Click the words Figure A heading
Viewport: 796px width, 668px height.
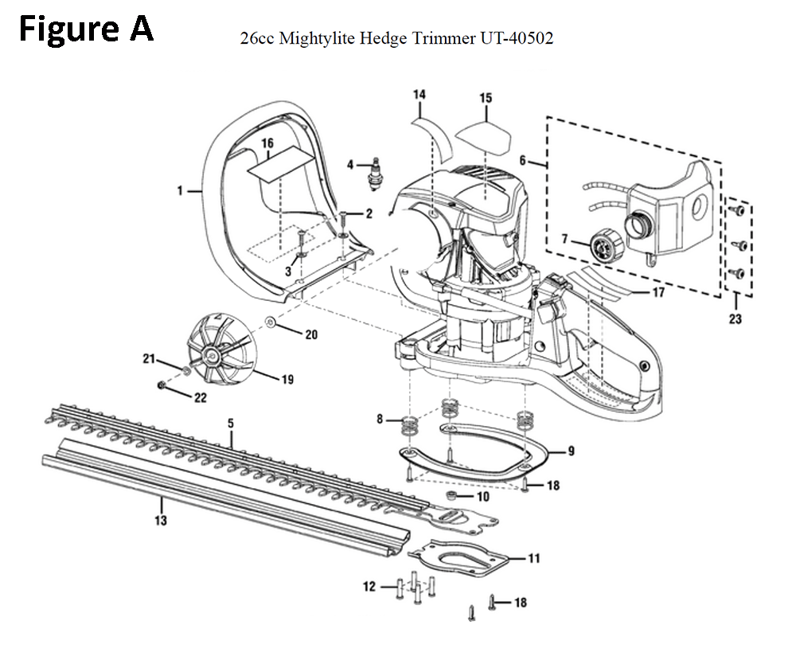(x=85, y=30)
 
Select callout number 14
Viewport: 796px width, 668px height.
(x=419, y=96)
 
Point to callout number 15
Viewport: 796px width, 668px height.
(x=485, y=98)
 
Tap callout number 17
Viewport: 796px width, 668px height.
(x=658, y=292)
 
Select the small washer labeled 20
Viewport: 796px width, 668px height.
(x=272, y=323)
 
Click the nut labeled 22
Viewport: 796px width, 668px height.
(x=162, y=386)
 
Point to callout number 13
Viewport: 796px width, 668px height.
(x=161, y=521)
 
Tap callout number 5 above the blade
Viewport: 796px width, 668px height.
(x=231, y=421)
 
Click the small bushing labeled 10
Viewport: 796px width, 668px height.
(x=452, y=497)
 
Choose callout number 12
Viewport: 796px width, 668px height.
(x=369, y=587)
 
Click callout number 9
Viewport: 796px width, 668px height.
(x=571, y=451)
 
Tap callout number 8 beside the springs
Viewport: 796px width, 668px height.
(x=380, y=418)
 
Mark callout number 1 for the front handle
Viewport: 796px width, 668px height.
(x=180, y=190)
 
